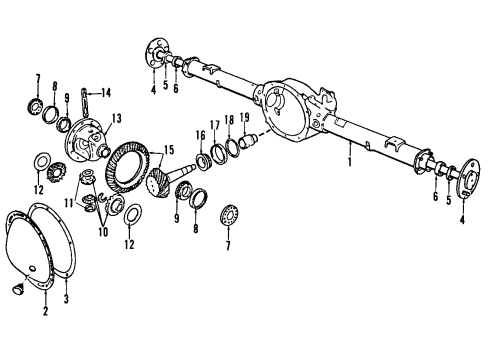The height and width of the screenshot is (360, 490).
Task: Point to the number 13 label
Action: click(116, 118)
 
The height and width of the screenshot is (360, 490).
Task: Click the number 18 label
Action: click(229, 120)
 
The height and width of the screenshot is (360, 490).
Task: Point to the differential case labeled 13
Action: click(86, 141)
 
